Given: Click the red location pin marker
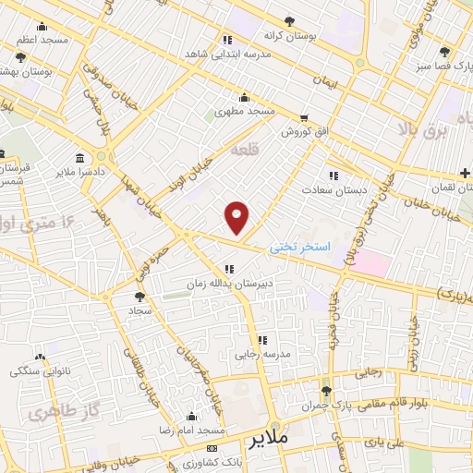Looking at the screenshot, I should coord(237,217).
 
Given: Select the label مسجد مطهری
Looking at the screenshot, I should coord(245,111).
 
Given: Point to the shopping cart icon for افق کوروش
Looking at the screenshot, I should coord(304,117).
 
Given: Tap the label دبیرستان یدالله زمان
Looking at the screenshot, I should coord(229,284).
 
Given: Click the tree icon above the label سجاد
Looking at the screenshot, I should coord(139,297).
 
